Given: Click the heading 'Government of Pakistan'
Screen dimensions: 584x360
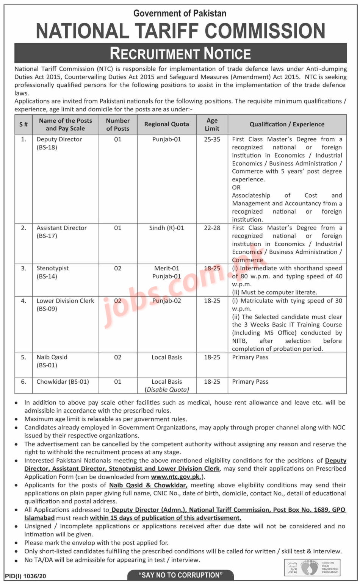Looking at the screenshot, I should coord(180,13).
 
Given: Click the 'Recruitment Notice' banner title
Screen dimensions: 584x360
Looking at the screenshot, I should coord(180,53).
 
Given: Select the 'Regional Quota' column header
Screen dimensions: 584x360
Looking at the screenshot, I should coord(166,124).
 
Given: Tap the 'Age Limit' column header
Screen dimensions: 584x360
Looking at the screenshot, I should coord(212,124).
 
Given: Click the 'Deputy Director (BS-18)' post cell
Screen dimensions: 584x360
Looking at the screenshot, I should coord(59,143).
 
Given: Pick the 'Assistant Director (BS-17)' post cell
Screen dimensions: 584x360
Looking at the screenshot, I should coord(61,232).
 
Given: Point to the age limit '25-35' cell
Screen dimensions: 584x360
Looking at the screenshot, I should coord(212,139).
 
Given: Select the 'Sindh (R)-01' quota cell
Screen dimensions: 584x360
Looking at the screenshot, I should coord(166,228).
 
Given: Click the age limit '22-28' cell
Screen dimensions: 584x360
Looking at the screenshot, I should coord(212,228).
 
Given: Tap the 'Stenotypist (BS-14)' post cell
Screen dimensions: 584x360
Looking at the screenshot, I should coord(53,272).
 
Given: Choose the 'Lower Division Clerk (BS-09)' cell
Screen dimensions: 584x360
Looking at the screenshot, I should coord(65,304).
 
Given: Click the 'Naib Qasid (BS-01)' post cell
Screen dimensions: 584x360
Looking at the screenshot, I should coord(52,361).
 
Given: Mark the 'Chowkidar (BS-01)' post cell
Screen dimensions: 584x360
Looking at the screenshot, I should coord(63,382).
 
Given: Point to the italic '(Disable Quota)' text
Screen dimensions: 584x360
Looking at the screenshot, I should coord(167,389).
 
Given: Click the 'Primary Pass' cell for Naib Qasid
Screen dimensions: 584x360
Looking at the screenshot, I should coord(250,357).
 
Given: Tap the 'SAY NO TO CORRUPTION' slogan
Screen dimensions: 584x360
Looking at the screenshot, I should coord(180,575).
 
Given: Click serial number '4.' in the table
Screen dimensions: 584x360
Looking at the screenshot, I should coord(23,301).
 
